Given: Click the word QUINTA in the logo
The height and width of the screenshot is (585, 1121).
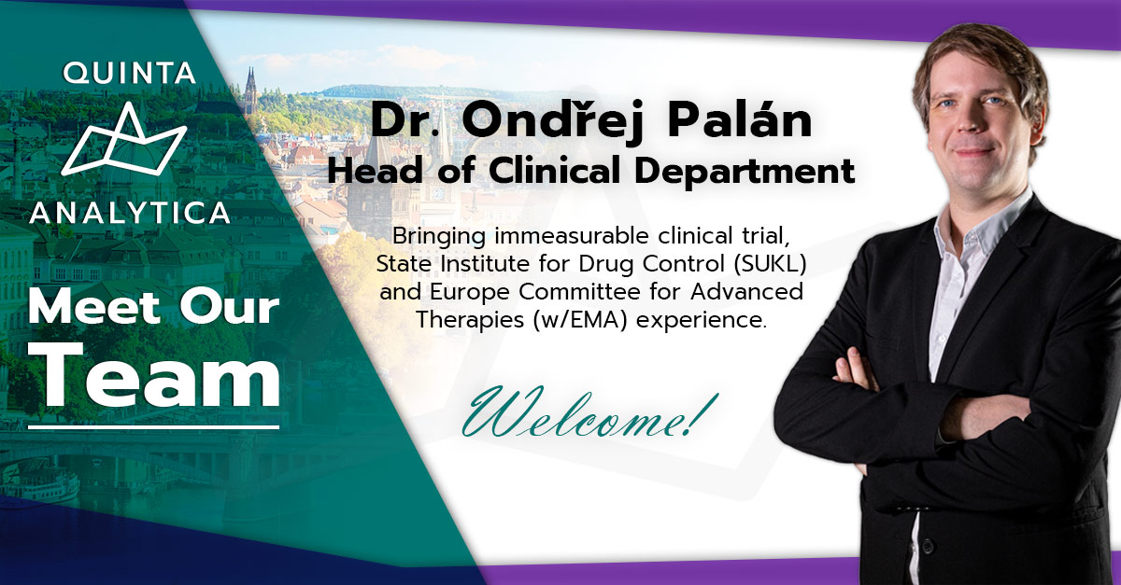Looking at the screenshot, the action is [129, 73].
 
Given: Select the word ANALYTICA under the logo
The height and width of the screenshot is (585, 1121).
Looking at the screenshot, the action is [130, 213].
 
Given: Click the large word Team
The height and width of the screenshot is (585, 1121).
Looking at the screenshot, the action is [159, 376].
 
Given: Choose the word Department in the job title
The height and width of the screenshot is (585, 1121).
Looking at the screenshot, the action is [745, 172].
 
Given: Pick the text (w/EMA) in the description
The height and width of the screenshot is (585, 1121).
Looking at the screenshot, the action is [579, 320].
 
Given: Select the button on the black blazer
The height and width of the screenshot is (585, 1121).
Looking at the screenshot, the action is [927, 546].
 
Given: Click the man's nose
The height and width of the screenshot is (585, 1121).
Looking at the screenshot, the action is [972, 122].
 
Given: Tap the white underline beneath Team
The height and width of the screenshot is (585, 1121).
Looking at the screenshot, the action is [153, 427].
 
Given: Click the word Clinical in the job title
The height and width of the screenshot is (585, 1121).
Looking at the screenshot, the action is [555, 171].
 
